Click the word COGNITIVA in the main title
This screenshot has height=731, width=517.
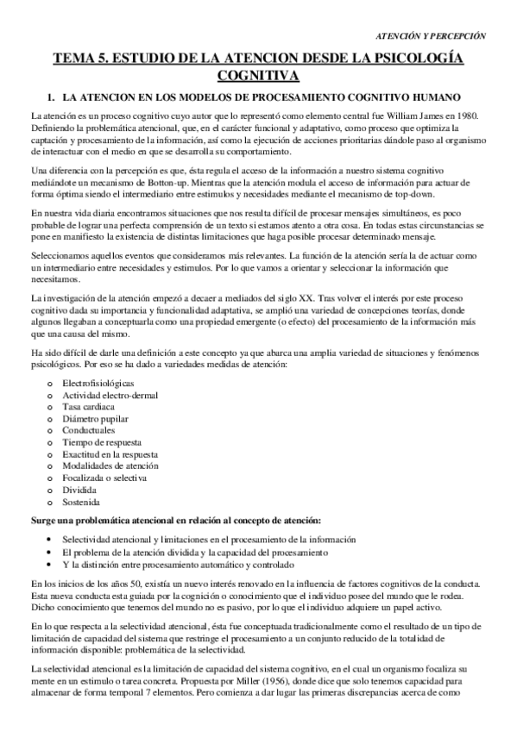(x=259, y=75)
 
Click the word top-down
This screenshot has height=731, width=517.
(x=447, y=195)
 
